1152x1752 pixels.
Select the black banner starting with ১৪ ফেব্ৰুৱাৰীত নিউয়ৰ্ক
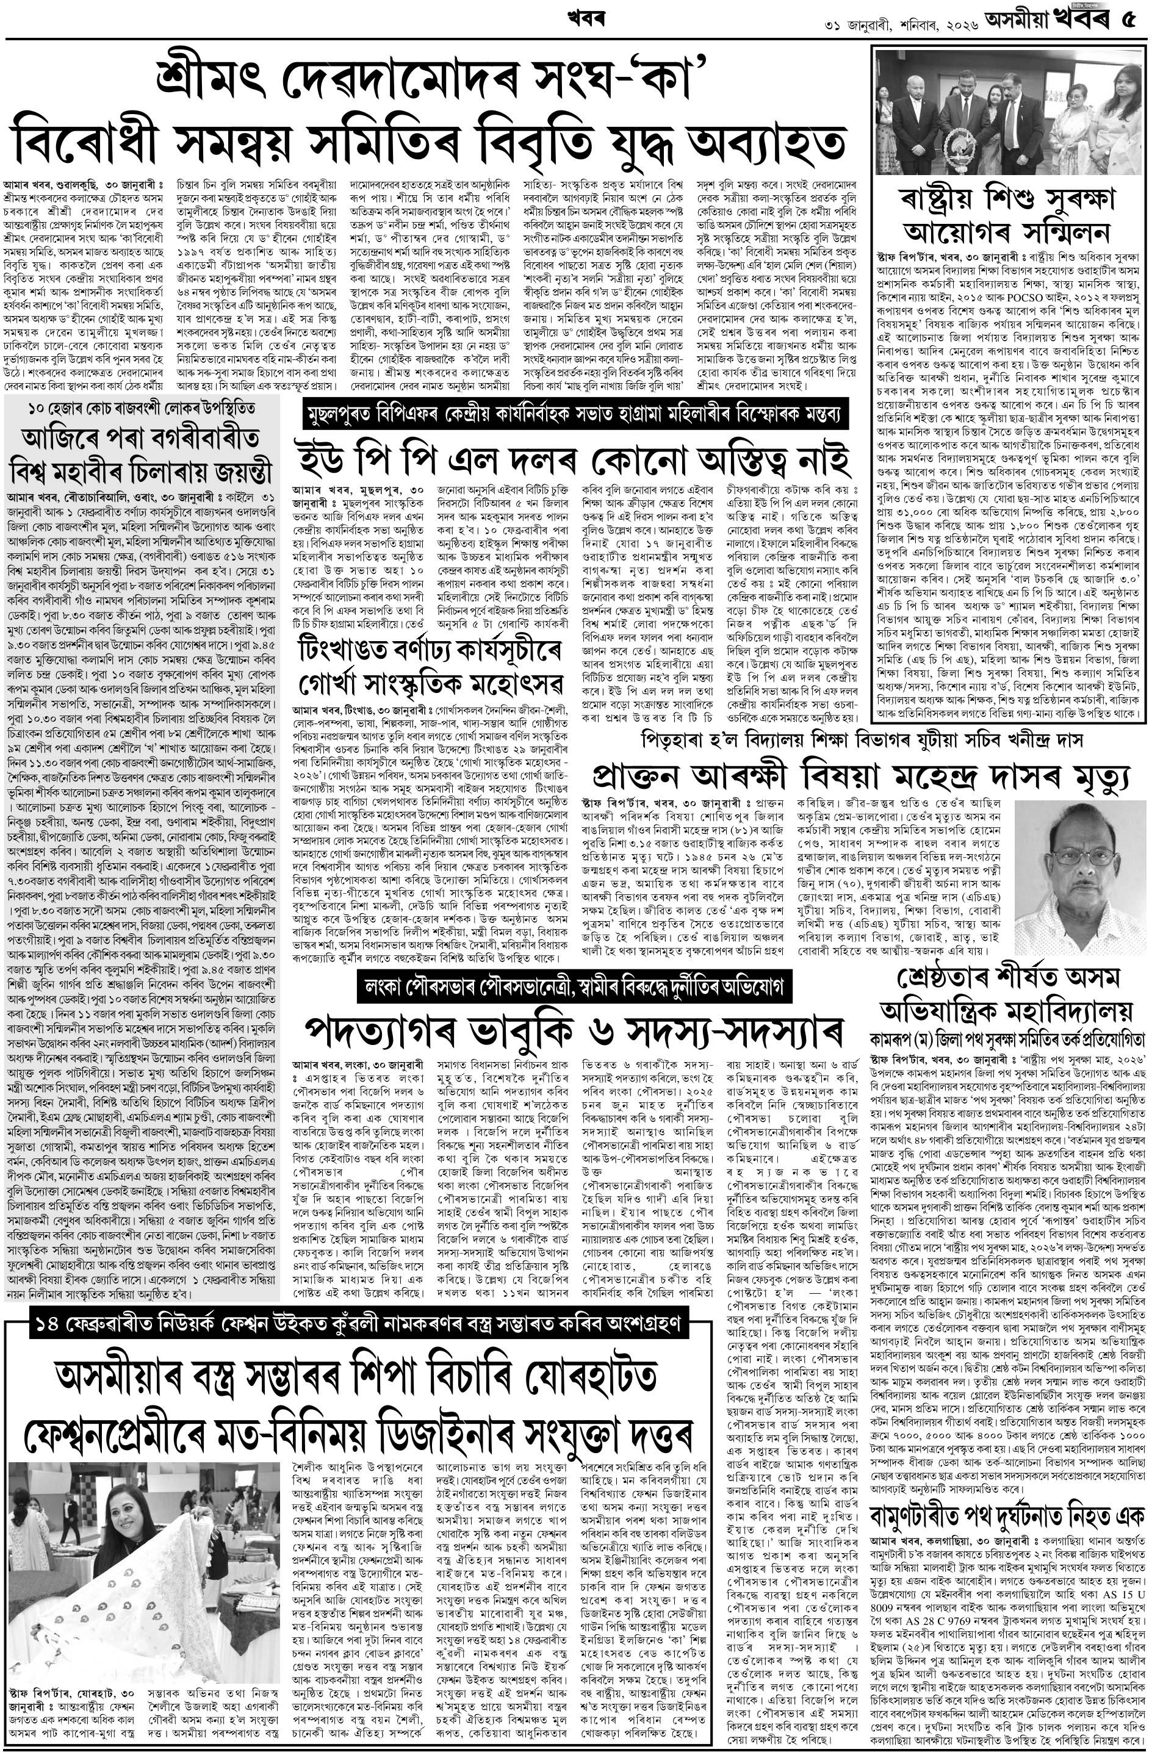click(361, 1321)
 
